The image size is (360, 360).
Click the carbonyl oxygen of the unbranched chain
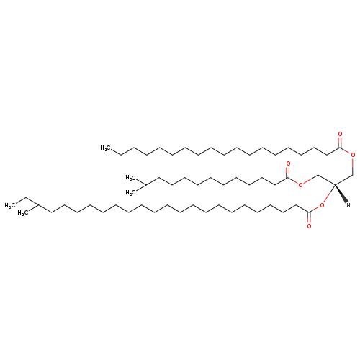pyautogui.click(x=340, y=134)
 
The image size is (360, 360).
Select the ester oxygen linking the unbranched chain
pyautogui.click(x=353, y=155)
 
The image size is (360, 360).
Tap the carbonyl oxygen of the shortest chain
pyautogui.click(x=288, y=164)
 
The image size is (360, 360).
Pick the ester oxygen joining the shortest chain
pyautogui.click(x=300, y=185)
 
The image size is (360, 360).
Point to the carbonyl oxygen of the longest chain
pyautogui.click(x=309, y=226)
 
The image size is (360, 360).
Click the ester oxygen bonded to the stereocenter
pyautogui.click(x=322, y=205)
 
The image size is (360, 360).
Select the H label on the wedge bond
pyautogui.click(x=348, y=205)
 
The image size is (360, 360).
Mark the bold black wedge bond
pyautogui.click(x=341, y=194)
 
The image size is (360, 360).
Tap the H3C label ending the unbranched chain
pyautogui.click(x=106, y=148)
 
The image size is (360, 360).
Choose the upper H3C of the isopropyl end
pyautogui.click(x=131, y=178)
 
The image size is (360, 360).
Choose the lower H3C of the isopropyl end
pyautogui.click(x=131, y=192)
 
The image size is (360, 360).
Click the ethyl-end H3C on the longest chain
pyautogui.click(x=10, y=206)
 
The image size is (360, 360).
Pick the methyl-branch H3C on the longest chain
pyautogui.click(x=23, y=213)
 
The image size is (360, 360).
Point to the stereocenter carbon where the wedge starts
pyautogui.click(x=335, y=184)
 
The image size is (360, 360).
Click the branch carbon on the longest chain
pyautogui.click(x=38, y=205)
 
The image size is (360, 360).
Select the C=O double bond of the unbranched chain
pyautogui.click(x=340, y=142)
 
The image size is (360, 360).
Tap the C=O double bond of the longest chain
pyautogui.click(x=309, y=218)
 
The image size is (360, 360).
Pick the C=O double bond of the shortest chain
pyautogui.click(x=288, y=172)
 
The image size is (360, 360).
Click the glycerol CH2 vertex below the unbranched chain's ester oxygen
pyautogui.click(x=353, y=175)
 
